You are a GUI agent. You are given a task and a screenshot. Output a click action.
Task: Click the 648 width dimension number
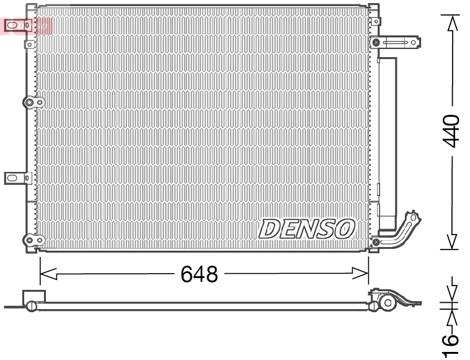[199, 274]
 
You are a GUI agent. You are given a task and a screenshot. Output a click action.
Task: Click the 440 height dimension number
[451, 131]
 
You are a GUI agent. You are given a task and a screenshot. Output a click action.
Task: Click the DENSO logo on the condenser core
[307, 229]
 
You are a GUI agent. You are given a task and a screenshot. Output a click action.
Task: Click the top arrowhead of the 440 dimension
[453, 22]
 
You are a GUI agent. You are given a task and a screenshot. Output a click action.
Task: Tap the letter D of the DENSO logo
[269, 229]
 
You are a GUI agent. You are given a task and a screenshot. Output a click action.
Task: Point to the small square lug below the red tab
[29, 45]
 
